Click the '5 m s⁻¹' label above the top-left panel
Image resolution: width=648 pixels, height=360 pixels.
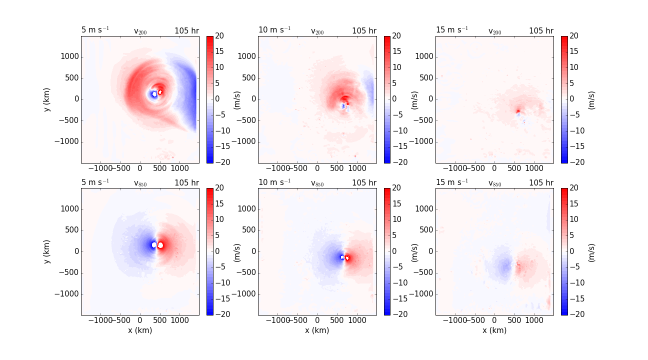point(95,29)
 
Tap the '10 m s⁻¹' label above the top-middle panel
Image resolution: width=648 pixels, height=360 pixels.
point(274,29)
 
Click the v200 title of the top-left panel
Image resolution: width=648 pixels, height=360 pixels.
point(140,31)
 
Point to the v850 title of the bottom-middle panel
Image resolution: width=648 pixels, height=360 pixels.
point(317,183)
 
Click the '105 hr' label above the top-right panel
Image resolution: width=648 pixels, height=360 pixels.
point(541,31)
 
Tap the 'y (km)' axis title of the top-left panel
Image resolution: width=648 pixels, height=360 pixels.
point(47,99)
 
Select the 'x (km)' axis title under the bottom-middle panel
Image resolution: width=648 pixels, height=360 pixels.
point(317,330)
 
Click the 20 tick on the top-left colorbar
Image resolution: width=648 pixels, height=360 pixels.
point(220,36)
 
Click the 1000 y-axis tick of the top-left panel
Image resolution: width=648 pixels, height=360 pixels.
point(69,56)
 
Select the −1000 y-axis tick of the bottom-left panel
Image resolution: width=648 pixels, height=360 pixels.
point(67,293)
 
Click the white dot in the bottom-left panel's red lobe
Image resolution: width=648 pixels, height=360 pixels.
point(161,245)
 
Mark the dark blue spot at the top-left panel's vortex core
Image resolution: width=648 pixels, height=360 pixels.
point(154,94)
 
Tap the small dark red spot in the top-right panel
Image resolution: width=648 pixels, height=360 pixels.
point(518,110)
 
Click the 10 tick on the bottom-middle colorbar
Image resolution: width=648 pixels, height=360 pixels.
point(397,219)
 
